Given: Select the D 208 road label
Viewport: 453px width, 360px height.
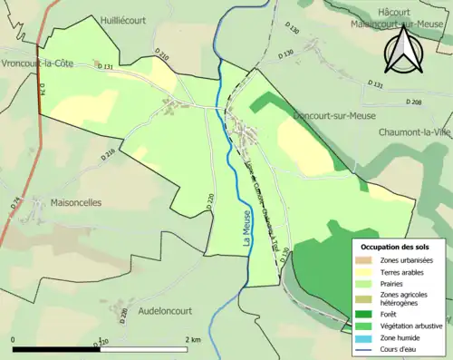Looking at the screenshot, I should coord(414,102).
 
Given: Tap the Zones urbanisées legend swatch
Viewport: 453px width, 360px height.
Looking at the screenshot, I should coord(367,259).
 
